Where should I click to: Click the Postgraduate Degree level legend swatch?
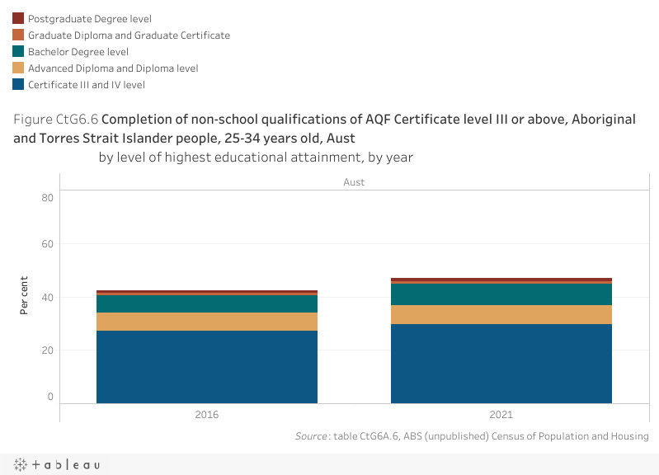point(18,18)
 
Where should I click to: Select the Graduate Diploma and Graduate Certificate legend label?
point(129,35)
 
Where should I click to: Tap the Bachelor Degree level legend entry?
point(78,52)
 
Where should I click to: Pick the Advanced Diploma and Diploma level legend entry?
point(113,68)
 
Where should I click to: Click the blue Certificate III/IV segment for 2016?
point(207,367)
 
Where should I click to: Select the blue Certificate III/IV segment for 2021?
point(501,364)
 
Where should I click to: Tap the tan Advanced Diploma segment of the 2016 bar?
point(207,322)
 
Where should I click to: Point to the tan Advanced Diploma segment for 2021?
point(501,314)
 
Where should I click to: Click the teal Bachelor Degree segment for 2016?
point(207,303)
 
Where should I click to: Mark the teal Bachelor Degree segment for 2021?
point(501,294)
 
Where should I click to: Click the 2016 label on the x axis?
point(207,416)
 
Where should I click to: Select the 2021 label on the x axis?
point(501,416)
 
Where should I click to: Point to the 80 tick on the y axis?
point(47,197)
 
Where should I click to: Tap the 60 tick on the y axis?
point(47,244)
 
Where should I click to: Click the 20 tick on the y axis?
point(47,350)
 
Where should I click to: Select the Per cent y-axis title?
point(25,295)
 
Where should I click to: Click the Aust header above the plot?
point(354,182)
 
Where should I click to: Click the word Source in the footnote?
point(310,436)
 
